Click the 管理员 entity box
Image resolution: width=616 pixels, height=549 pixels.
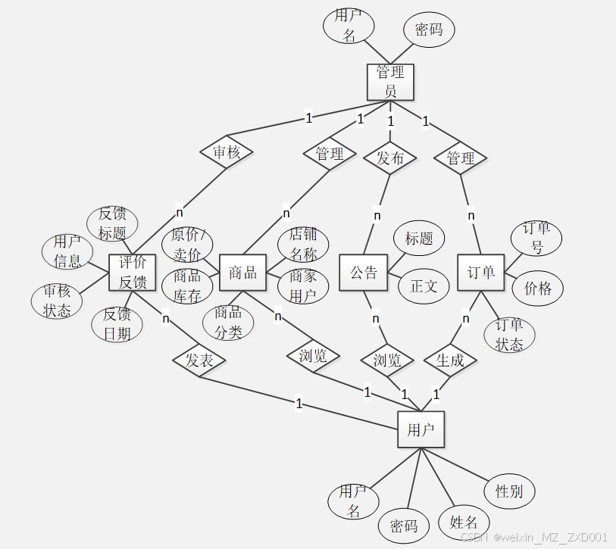pos(390,82)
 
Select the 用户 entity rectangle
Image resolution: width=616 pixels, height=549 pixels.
pos(421,430)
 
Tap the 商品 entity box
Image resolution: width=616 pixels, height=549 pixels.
pos(242,273)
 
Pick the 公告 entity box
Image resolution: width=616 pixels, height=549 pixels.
pos(363,273)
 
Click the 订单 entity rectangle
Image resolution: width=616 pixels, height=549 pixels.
pos(480,273)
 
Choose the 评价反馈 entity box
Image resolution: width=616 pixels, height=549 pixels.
pos(133,273)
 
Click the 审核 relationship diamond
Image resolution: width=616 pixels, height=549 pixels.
pos(227,152)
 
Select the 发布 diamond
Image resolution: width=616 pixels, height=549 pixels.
pos(390,158)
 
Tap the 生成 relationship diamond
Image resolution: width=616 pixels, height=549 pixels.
pos(450,361)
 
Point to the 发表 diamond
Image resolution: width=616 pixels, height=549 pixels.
pos(199,360)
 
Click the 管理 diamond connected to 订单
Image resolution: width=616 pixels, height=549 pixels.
pos(461,158)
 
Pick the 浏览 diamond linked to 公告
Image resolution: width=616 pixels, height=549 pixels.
pos(387,361)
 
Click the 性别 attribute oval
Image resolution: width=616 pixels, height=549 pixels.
pos(509,491)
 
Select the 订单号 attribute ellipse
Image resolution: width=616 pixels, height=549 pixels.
pos(536,238)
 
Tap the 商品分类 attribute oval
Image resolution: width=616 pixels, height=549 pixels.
pos(228,322)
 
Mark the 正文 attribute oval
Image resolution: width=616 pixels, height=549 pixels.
pos(424,286)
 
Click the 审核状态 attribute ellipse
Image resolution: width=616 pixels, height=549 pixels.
pos(57,301)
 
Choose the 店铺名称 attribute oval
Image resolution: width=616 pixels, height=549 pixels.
pos(303,244)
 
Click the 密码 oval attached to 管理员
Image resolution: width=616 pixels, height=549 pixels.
pos(429,30)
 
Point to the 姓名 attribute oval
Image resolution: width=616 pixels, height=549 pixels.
pos(464,522)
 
